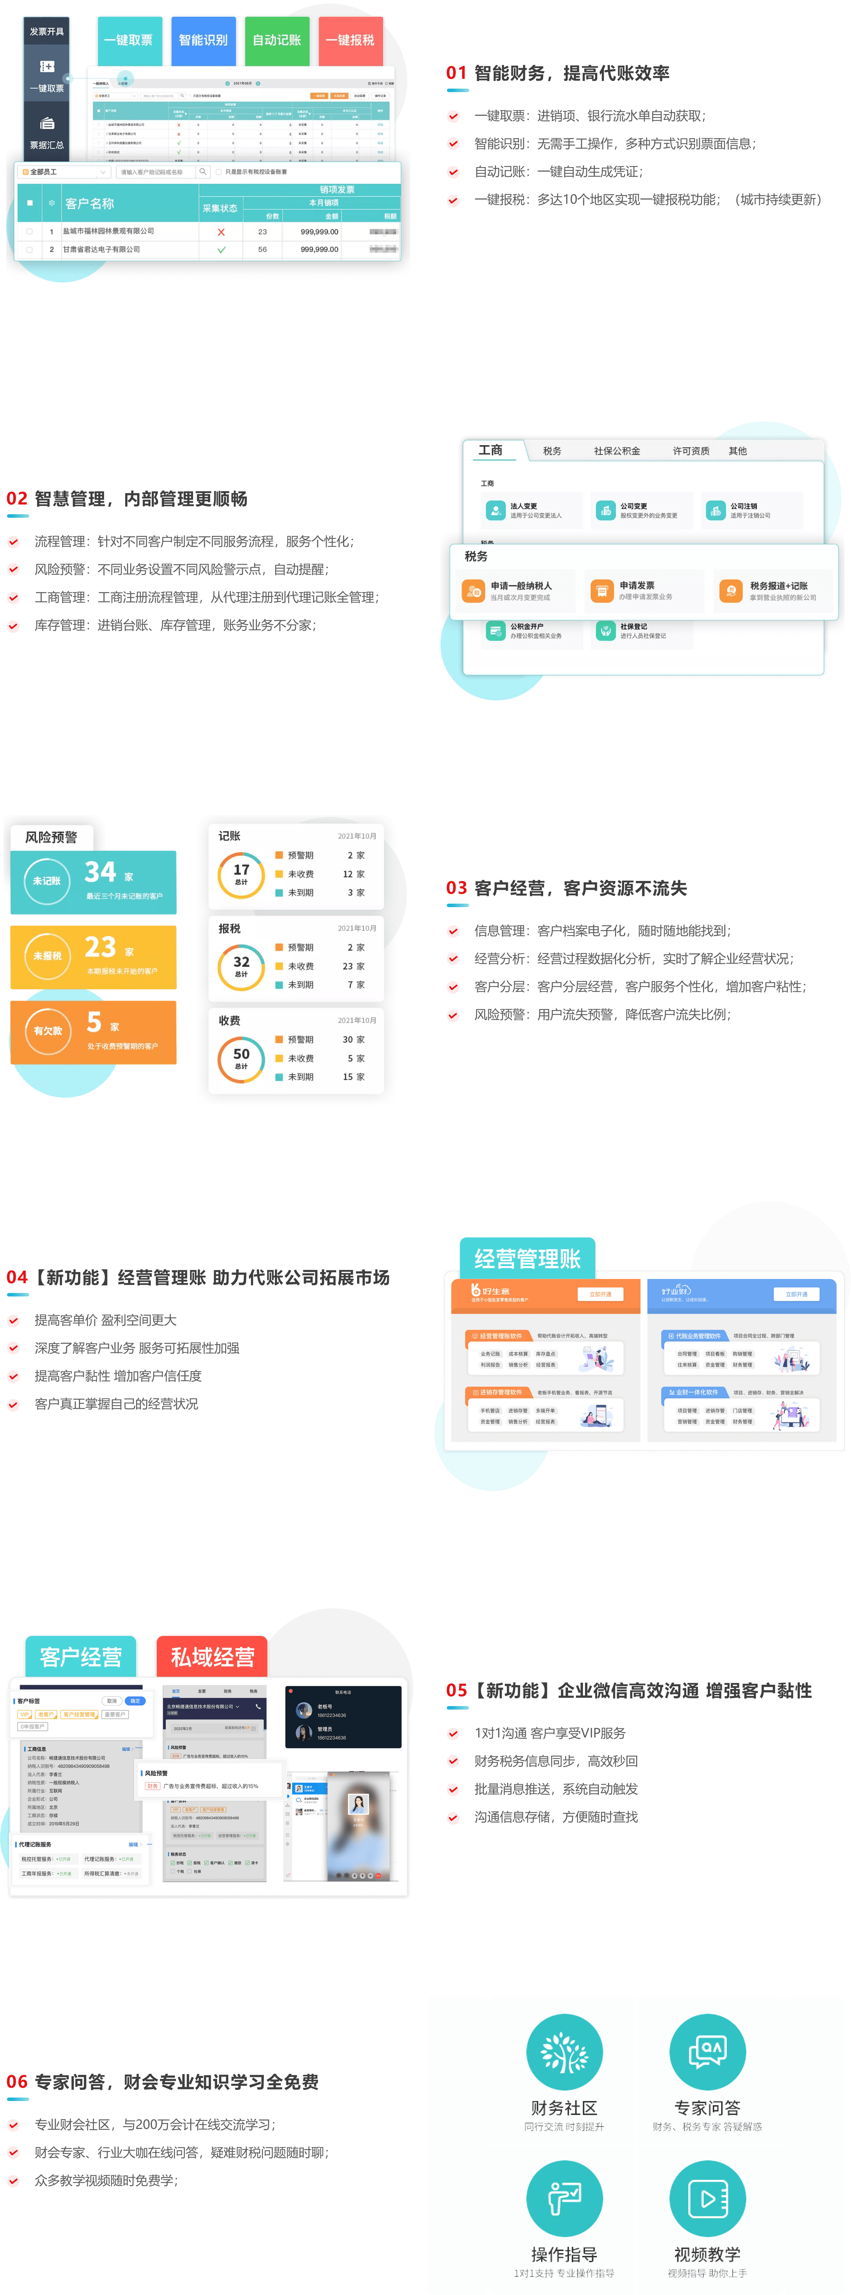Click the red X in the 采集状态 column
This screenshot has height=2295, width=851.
pos(221,232)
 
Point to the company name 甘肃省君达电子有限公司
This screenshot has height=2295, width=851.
pos(102,249)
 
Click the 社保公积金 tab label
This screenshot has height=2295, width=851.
pos(617,451)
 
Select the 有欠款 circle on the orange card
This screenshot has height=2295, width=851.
pos(48,1031)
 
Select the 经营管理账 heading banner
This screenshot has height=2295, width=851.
pos(527,1258)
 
